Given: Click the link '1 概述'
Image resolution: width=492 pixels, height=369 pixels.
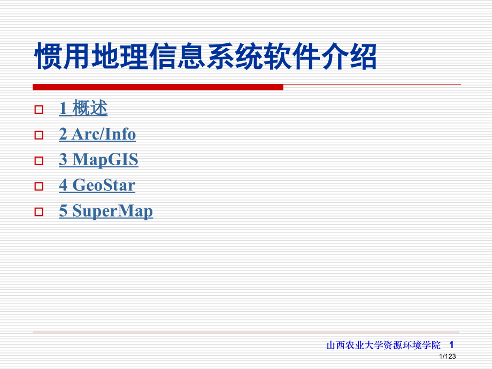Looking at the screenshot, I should tap(83, 109).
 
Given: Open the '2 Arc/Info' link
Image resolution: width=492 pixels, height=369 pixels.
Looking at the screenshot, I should tap(97, 134).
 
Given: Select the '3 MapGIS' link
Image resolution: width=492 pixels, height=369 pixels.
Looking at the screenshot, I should tap(98, 159).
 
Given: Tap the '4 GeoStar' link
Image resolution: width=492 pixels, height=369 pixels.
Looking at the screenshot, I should tap(97, 186).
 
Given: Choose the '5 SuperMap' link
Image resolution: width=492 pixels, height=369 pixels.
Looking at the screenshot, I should tap(106, 211).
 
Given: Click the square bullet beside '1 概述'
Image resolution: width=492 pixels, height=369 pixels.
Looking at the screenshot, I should tap(39, 110).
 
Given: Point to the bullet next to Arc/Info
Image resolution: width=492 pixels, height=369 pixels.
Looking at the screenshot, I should tap(39, 135).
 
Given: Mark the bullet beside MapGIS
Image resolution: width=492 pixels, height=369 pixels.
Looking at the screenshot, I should tap(39, 160).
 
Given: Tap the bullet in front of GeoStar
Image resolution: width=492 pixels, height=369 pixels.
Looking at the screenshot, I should tap(39, 187).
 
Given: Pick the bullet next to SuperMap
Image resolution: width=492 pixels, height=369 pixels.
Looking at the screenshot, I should tap(39, 212).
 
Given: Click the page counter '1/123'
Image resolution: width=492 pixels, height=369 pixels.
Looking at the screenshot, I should tap(447, 357).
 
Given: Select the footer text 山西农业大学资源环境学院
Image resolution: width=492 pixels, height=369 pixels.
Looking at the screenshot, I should tap(383, 345).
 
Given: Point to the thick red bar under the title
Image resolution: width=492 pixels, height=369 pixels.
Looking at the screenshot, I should tap(158, 87).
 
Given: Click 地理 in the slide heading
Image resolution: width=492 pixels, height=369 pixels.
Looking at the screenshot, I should tap(121, 58).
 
